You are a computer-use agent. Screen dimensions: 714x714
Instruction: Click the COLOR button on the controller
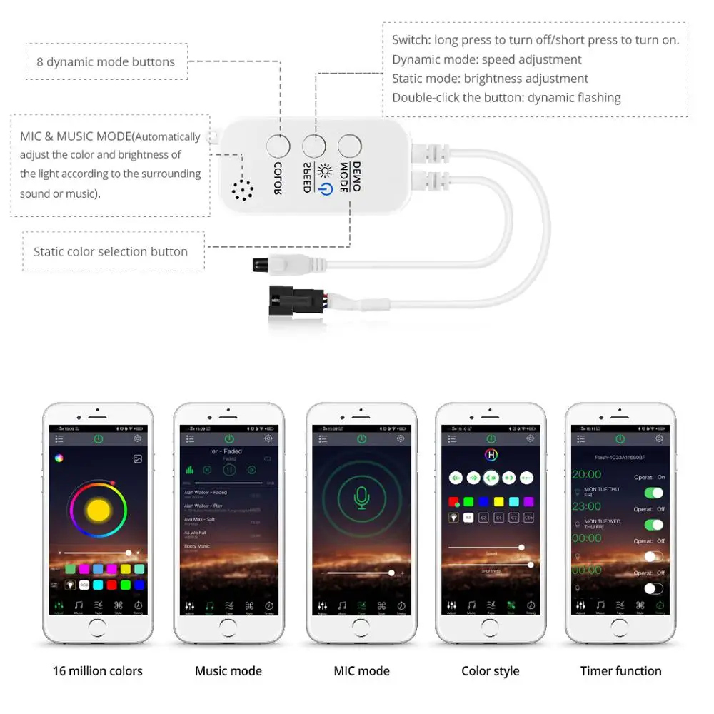coord(278,146)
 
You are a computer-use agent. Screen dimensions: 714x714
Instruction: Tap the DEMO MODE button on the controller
coord(349,146)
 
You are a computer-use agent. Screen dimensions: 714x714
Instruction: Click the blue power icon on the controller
coord(326,189)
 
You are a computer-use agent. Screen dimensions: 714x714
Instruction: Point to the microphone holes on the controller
coord(243,189)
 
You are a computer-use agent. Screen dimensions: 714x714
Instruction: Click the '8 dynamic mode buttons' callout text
coord(106,62)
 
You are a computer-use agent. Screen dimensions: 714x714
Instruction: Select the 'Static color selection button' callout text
coord(111,251)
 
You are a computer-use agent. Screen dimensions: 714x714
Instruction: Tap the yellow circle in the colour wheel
coord(98,509)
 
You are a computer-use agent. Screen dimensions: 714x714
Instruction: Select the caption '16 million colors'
coord(98,670)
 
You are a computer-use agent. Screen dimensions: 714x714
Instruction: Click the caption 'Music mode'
coord(228,670)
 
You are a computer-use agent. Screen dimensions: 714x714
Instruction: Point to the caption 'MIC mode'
coord(361,670)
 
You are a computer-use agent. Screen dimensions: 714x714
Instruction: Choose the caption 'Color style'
coord(491,670)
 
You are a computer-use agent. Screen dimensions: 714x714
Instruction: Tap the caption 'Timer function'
coord(620,670)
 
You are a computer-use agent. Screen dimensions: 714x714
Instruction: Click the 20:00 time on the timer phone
coord(587,474)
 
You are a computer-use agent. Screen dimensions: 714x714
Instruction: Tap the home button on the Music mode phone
coord(229,626)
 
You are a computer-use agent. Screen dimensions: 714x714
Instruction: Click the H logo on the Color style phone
coord(491,454)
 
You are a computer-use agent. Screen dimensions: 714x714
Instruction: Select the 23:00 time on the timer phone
coord(587,506)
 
